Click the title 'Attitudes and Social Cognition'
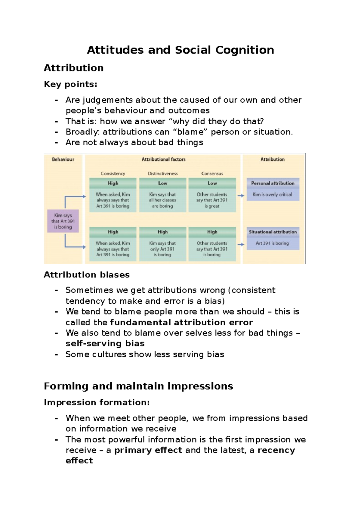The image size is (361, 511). pos(180,50)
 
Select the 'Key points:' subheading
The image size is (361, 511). pos(71,84)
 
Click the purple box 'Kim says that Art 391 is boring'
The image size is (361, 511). pos(63,221)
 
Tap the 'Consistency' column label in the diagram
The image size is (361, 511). pos(113,174)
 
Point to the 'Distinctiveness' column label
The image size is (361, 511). pos(163,174)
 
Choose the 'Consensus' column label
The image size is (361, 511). pos(212,174)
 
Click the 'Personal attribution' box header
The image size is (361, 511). pos(273,183)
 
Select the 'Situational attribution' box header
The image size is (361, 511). pos(273,232)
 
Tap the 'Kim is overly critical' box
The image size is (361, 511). pos(273,195)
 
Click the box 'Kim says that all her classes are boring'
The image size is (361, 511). pos(162,200)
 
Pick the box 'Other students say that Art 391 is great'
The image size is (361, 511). pos(212,200)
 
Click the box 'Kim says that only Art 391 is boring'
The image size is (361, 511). pos(162,249)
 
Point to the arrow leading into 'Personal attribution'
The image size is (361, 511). pos(241,196)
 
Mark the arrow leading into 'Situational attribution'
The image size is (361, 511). pos(241,244)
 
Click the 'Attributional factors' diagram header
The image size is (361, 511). pos(164,159)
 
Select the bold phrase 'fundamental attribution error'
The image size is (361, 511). pos(181,322)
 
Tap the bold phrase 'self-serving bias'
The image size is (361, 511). pos(105,343)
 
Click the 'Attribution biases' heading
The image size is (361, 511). pos(87,275)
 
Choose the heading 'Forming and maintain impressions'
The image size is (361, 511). pos(138,386)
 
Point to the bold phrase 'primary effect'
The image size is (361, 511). pos(148,450)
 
